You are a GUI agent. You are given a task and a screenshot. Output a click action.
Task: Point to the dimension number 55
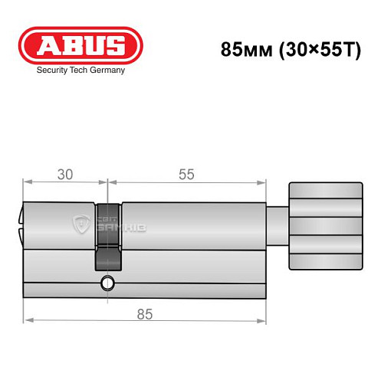pos(186,174)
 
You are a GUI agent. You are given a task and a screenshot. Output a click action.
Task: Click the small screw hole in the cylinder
pos(108,285)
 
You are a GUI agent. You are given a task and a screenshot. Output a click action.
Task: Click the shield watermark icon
pos(80,224)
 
